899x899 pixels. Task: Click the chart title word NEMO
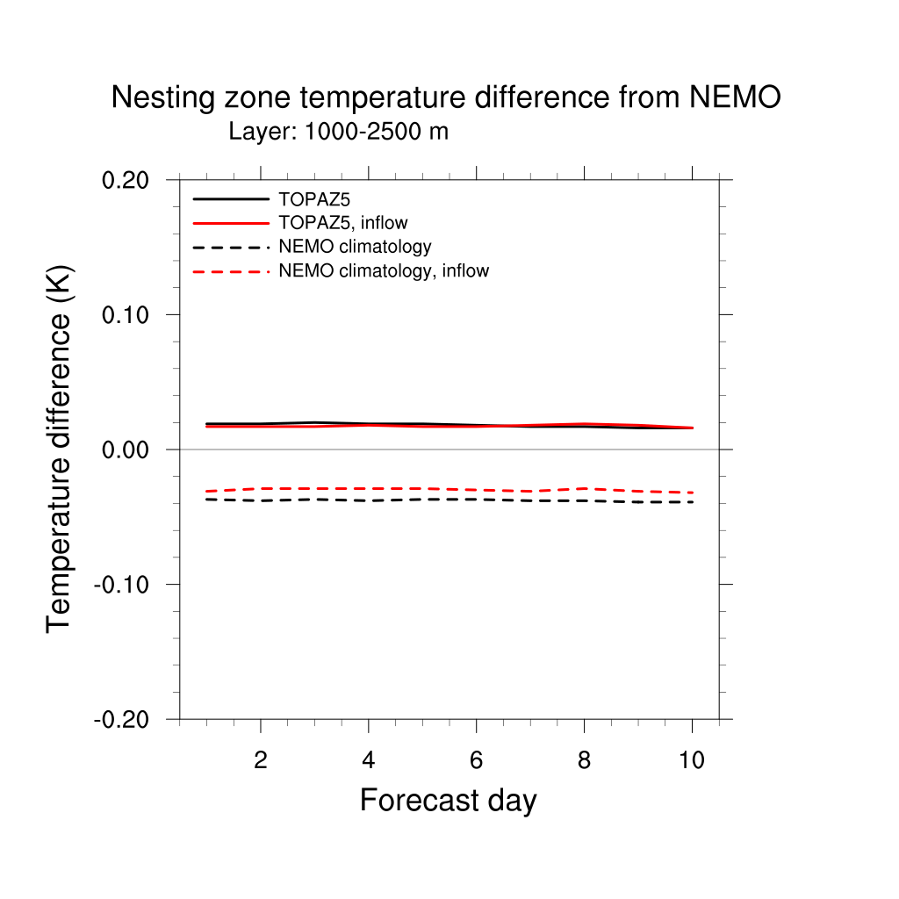coord(735,98)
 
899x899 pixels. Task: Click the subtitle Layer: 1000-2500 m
coord(338,133)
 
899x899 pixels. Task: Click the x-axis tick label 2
coord(261,760)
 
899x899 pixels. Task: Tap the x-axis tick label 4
coord(369,760)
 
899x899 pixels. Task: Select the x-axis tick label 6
coord(476,760)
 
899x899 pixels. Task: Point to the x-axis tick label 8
coord(584,760)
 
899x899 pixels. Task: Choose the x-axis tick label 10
coord(692,760)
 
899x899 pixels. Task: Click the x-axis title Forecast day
coord(448,801)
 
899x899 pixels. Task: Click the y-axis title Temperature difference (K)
coord(60,448)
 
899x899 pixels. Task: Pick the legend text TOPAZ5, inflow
coord(342,223)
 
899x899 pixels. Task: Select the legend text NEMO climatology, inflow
coord(383,271)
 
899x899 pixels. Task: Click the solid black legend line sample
coord(230,199)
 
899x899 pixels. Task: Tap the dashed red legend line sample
coord(230,271)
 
